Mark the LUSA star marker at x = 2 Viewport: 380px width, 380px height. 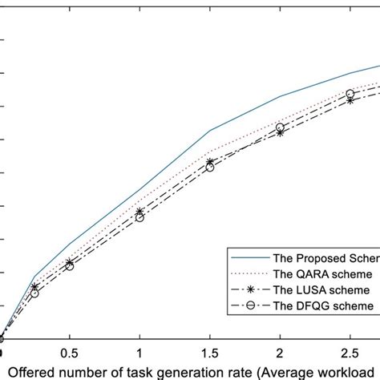280,131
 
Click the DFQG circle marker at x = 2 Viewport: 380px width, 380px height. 280,127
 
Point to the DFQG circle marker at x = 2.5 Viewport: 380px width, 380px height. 350,94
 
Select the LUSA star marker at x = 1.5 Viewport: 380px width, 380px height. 210,162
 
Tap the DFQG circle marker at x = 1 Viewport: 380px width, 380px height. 140,217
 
